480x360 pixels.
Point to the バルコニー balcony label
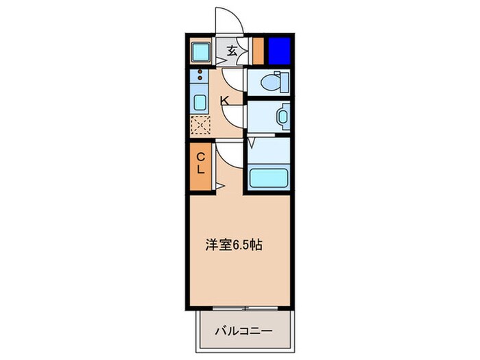[245, 331]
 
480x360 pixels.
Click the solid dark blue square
[279, 49]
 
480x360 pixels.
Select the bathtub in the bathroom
[269, 177]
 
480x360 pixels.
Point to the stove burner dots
[202, 77]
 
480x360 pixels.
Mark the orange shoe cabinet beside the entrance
[258, 49]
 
